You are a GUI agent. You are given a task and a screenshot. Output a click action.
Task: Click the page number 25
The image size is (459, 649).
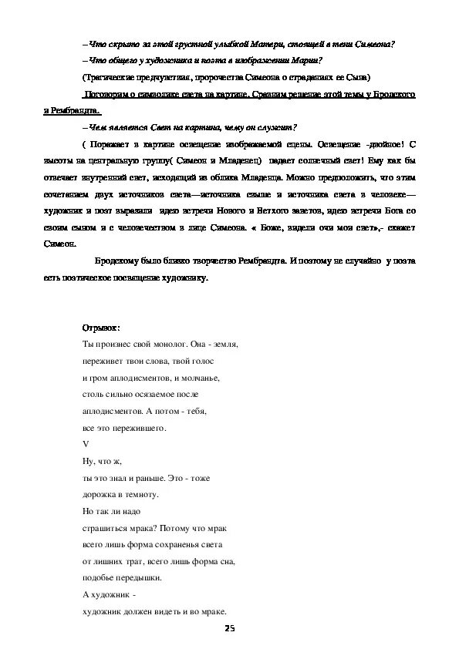click(x=229, y=629)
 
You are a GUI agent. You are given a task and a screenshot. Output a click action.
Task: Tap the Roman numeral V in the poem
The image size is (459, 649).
click(x=85, y=443)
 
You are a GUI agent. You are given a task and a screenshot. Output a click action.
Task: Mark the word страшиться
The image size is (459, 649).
click(x=106, y=527)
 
